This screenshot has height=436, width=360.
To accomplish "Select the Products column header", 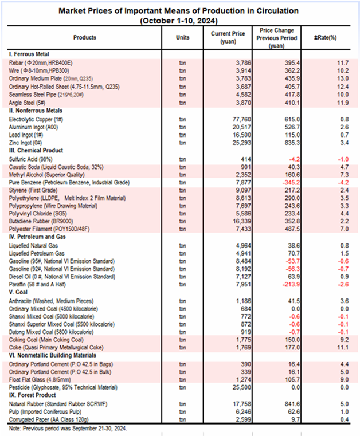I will coord(85,37).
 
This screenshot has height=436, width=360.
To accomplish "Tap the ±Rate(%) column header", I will coord(324,37).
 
